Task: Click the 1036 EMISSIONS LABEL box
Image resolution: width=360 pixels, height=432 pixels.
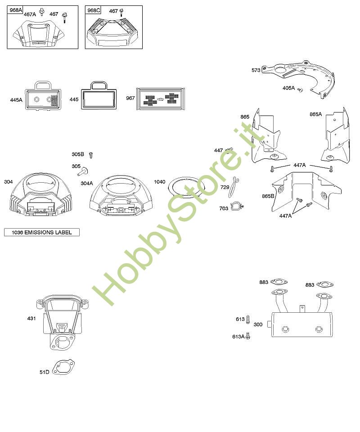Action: [41, 232]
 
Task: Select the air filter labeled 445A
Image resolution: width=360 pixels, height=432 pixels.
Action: [43, 97]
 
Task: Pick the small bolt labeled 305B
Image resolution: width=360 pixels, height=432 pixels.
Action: [90, 155]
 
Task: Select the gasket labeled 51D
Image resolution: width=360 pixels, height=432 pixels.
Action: [63, 368]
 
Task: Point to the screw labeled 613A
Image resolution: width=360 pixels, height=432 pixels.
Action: [247, 336]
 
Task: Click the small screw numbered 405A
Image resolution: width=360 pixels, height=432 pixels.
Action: [301, 90]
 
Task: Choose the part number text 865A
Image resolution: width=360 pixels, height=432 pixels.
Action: [315, 114]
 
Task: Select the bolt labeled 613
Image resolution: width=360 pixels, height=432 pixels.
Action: [248, 319]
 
